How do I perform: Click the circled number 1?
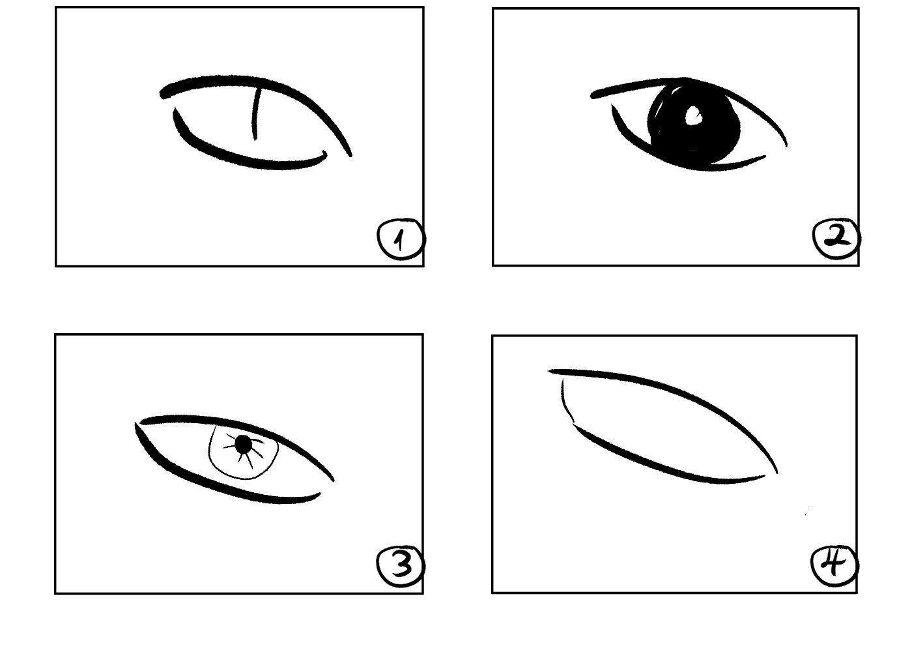401,240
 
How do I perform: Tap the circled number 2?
836,239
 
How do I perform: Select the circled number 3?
401,567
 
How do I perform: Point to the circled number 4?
834,566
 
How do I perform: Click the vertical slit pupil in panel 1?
255,114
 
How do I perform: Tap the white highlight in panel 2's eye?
694,116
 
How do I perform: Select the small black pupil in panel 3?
244,444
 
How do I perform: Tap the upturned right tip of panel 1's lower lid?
325,154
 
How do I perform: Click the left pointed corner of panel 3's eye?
136,424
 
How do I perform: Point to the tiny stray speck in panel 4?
806,511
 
